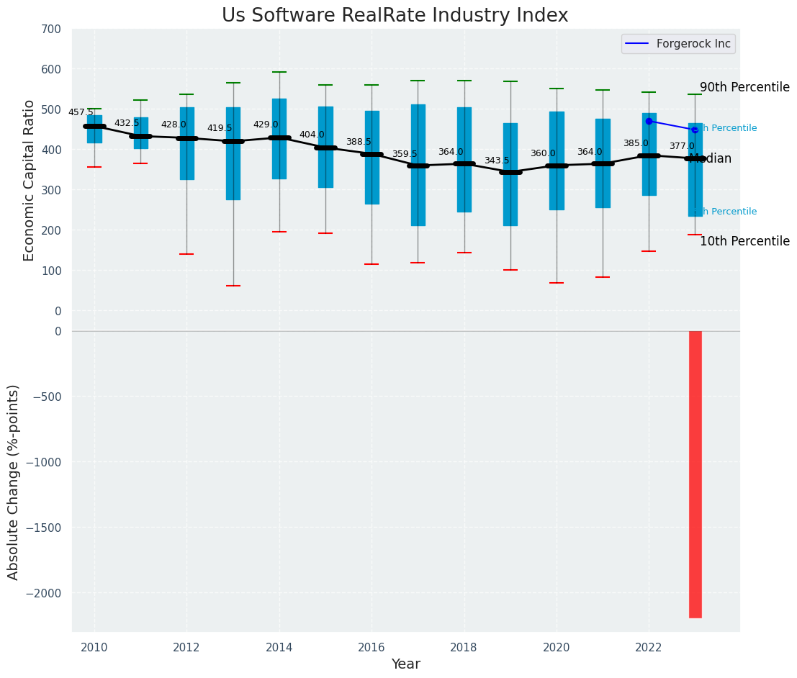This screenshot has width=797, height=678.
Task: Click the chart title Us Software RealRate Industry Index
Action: tap(395, 16)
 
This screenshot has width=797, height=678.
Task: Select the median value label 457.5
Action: tap(81, 112)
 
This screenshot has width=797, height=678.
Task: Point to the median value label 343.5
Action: tap(496, 161)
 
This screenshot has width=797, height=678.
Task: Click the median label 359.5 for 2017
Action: tap(404, 154)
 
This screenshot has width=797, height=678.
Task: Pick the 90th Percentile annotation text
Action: tap(744, 87)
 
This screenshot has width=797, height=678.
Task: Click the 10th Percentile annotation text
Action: tap(744, 241)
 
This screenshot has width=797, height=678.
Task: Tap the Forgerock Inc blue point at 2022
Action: tap(649, 121)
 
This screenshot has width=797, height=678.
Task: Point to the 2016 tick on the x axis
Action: tap(372, 648)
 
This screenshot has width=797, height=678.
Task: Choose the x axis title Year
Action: tap(405, 664)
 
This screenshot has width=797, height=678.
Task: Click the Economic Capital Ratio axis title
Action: tap(30, 180)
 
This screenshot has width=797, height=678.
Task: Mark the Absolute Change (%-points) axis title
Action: tap(14, 482)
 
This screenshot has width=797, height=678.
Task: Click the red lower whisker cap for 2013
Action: tap(233, 286)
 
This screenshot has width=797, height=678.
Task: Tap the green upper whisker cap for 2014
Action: tap(279, 72)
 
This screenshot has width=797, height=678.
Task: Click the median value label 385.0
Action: tap(635, 143)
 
